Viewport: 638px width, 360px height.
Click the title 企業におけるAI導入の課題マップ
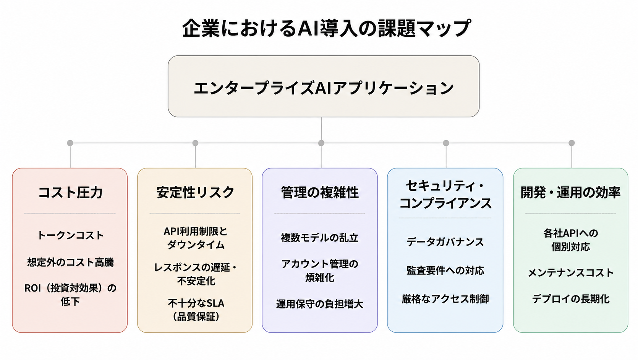coord(326,28)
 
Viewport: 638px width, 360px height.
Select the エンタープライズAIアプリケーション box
coord(324,86)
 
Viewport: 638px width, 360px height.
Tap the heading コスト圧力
coord(70,192)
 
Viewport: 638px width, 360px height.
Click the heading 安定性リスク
coord(195,192)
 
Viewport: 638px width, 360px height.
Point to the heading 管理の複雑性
coord(320,192)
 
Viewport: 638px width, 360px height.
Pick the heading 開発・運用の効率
coord(570,192)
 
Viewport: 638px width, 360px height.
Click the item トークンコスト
coord(70,235)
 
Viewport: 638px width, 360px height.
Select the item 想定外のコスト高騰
coord(70,262)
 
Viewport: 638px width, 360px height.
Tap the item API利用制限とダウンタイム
coord(195,238)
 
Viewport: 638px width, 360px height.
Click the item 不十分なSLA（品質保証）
coord(196,310)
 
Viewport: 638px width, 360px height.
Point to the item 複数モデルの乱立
coord(319,238)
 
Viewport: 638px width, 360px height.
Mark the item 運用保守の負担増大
coord(319,304)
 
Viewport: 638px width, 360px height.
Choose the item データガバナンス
coord(445,242)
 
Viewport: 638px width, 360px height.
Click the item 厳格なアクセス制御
coord(445,299)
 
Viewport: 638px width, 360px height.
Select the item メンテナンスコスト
coord(570,272)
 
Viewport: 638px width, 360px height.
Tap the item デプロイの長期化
coord(570,299)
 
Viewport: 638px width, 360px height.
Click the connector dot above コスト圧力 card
coord(70,143)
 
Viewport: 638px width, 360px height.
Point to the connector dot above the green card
coord(572,143)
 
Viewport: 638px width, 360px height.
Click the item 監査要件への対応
coord(445,270)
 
